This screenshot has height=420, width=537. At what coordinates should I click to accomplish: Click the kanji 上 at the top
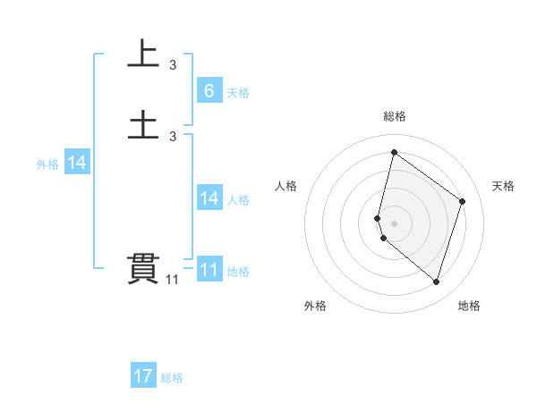click(x=143, y=54)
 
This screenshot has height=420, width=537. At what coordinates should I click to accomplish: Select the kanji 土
click(x=143, y=125)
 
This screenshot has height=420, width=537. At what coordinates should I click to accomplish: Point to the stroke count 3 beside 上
click(x=173, y=65)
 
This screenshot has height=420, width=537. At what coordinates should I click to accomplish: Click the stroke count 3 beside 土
click(x=173, y=137)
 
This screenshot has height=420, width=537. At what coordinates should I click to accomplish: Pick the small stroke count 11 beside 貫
click(x=173, y=281)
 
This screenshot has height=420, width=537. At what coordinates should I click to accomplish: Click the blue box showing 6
click(x=209, y=90)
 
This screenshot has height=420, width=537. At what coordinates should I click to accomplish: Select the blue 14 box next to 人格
click(x=209, y=198)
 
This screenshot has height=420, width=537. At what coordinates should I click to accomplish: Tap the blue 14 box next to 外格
click(x=77, y=163)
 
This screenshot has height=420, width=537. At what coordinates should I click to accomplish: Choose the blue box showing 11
click(x=209, y=270)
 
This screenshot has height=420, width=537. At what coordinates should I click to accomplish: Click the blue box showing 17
click(x=143, y=376)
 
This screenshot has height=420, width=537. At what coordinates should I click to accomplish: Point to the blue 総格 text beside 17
click(x=172, y=378)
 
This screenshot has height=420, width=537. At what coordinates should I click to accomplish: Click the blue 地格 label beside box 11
click(x=238, y=272)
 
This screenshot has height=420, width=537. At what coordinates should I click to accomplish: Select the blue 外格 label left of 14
click(x=47, y=164)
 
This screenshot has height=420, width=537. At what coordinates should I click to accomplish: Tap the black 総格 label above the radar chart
click(x=395, y=116)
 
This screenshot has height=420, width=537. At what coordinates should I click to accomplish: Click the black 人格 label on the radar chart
click(x=286, y=186)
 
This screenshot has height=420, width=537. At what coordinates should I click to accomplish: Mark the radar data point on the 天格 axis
click(x=463, y=201)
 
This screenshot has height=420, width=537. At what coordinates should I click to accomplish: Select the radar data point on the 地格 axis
click(x=436, y=281)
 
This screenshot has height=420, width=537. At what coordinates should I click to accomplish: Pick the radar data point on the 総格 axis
click(x=394, y=152)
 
